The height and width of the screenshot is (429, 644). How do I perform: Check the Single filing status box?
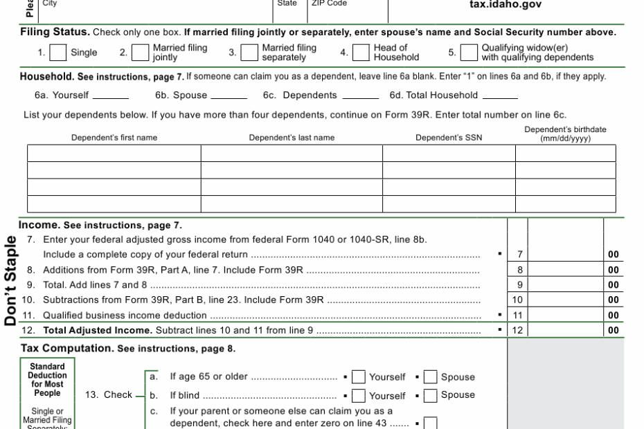[59, 53]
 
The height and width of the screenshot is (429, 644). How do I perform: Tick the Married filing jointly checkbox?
[141, 53]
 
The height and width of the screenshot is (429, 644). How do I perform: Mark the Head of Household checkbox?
[361, 53]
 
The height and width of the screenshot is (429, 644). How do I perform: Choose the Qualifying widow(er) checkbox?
[469, 53]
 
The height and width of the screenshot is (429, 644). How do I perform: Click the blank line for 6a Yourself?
[110, 95]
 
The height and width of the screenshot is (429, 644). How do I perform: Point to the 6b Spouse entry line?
[229, 95]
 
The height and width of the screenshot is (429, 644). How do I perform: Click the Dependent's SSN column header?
[449, 138]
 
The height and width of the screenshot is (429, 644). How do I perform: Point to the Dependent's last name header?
[292, 138]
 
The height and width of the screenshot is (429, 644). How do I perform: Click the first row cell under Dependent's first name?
[114, 153]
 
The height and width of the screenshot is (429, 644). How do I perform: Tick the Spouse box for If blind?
[431, 395]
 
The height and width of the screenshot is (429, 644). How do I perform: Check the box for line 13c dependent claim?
[431, 421]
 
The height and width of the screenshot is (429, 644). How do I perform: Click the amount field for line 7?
[566, 254]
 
